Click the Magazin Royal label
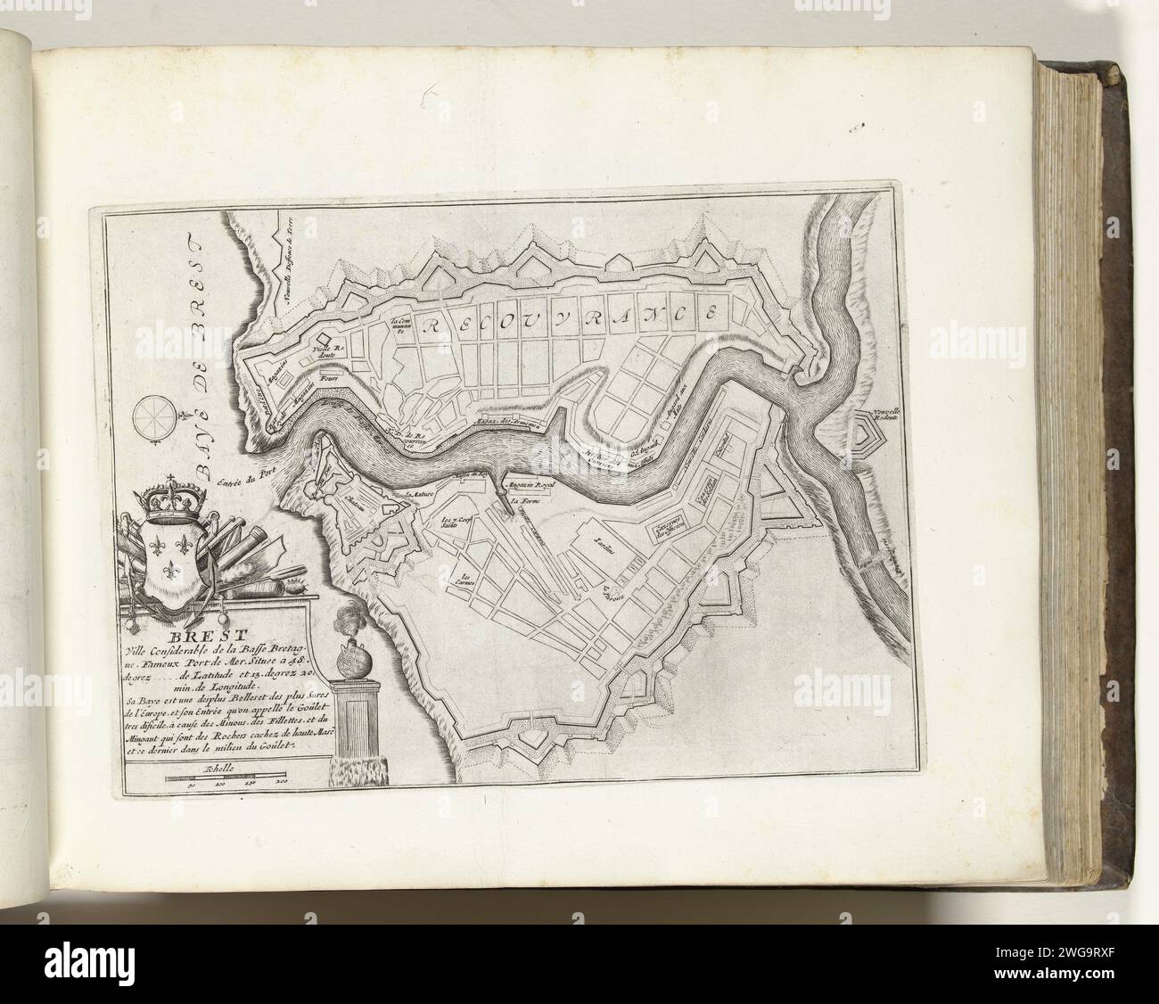click(x=531, y=483)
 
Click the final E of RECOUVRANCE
click(x=711, y=314)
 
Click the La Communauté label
click(x=398, y=324)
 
